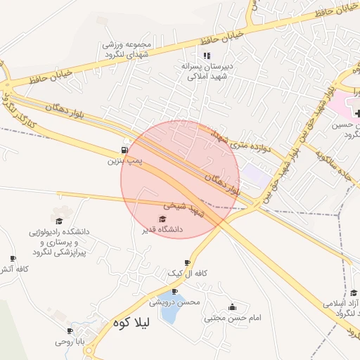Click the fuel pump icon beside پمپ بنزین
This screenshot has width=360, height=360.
124,150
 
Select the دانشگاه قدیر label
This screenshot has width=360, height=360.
162,229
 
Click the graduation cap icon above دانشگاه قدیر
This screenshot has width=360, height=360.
162,219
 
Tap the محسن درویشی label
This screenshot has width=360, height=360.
174,302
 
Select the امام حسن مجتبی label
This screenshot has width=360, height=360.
233,318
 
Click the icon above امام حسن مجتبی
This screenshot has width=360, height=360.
233,307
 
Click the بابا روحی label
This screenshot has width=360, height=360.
70,342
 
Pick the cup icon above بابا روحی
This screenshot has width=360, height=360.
70,330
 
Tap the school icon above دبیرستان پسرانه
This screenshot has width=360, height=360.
206,55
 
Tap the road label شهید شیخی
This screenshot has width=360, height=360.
184,209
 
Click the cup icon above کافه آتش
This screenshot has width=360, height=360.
12,259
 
